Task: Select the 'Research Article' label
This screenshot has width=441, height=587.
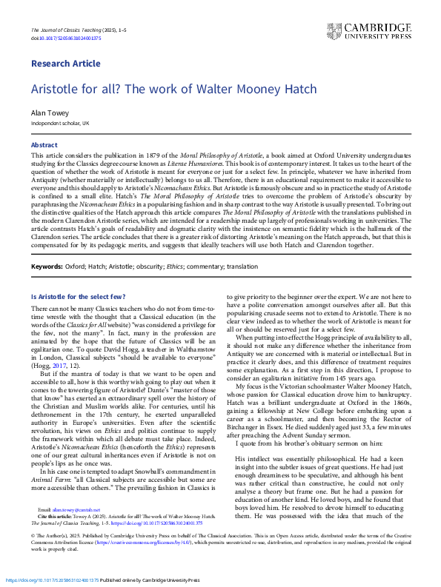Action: click(x=66, y=64)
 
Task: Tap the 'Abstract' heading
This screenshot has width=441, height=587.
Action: click(x=44, y=144)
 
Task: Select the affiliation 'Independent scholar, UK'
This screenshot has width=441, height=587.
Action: click(x=60, y=123)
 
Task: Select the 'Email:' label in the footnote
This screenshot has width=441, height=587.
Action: click(x=44, y=510)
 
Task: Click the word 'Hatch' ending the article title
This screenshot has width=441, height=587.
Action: click(x=300, y=89)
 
